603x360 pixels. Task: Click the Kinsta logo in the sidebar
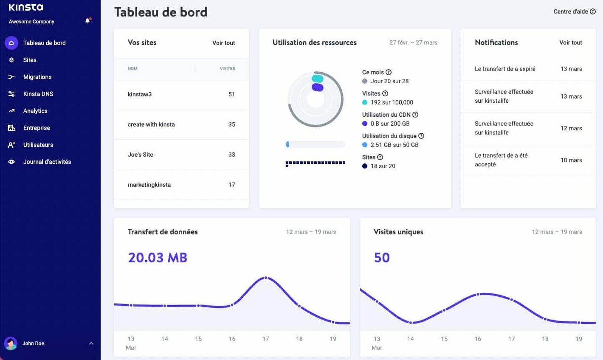25,7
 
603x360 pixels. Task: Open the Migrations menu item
37,77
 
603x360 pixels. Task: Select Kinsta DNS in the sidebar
38,94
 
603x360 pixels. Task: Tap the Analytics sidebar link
35,111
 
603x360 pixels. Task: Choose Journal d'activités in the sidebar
47,162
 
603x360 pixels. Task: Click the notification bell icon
87,21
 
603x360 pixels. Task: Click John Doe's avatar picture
11,343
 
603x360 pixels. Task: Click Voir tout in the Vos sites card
223,43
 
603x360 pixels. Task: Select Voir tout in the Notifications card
570,42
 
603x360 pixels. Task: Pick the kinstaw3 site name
140,94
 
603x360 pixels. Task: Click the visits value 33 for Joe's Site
231,155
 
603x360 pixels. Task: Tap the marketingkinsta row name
149,185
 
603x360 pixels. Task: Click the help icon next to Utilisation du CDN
415,115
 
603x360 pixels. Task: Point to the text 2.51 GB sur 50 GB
394,145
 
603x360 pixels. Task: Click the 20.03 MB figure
158,258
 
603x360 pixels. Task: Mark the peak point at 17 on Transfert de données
266,278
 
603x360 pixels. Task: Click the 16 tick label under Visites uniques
478,339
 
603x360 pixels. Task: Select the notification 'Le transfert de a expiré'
505,69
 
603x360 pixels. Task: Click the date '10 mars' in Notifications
571,160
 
